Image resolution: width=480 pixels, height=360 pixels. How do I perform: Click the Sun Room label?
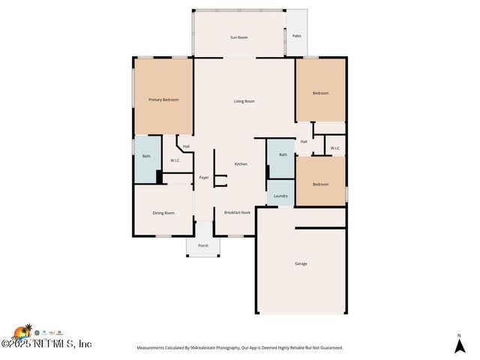(x=238, y=37)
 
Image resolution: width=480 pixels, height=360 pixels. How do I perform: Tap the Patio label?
(x=297, y=34)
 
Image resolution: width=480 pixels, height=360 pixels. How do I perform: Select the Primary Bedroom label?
(x=163, y=100)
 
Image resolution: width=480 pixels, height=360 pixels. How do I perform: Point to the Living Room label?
(x=244, y=101)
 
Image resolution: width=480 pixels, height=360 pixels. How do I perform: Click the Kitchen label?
(x=241, y=164)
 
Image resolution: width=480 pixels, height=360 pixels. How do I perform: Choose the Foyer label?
(x=204, y=178)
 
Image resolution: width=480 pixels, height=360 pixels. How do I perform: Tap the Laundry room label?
(x=280, y=196)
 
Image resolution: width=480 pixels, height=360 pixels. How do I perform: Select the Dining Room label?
(x=163, y=213)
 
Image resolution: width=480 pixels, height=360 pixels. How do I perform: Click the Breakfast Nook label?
(x=237, y=213)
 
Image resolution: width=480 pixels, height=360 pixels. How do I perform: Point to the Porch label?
(x=203, y=246)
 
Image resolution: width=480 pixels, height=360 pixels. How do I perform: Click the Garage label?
(x=300, y=263)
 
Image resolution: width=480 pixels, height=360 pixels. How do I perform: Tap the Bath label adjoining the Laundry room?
(x=283, y=154)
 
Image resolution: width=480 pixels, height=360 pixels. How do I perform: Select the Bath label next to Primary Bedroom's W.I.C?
(x=146, y=156)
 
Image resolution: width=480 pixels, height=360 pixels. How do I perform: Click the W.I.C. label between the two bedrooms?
(x=335, y=148)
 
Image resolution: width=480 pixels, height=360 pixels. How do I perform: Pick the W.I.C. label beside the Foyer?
(x=175, y=160)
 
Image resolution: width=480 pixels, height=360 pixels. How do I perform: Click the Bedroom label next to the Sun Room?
(x=321, y=93)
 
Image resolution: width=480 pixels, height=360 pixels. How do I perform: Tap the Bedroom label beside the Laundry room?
(x=320, y=184)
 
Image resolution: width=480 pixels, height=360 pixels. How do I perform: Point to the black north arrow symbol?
(x=458, y=345)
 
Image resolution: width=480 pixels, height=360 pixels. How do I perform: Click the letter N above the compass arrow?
(x=458, y=334)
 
